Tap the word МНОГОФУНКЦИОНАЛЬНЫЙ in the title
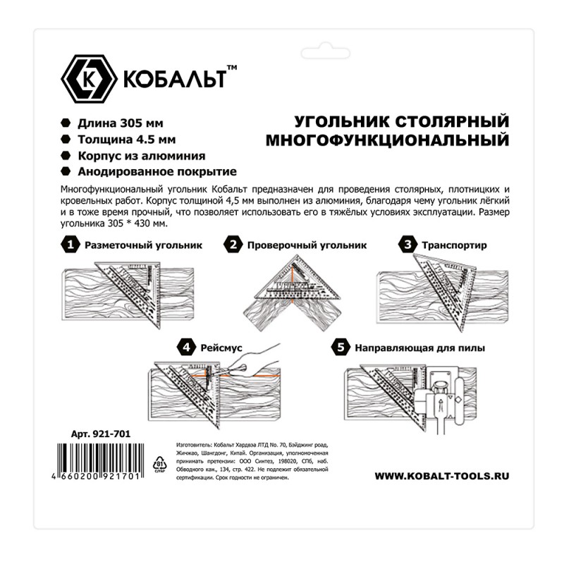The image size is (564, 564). click(387, 140)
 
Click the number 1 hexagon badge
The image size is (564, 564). click(69, 245)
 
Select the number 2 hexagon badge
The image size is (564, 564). click(233, 245)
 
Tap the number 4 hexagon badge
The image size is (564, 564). click(186, 347)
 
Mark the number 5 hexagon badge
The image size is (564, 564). click(341, 347)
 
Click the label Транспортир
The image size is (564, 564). click(455, 245)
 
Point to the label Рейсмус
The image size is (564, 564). click(223, 347)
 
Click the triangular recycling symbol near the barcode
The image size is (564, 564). click(158, 463)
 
